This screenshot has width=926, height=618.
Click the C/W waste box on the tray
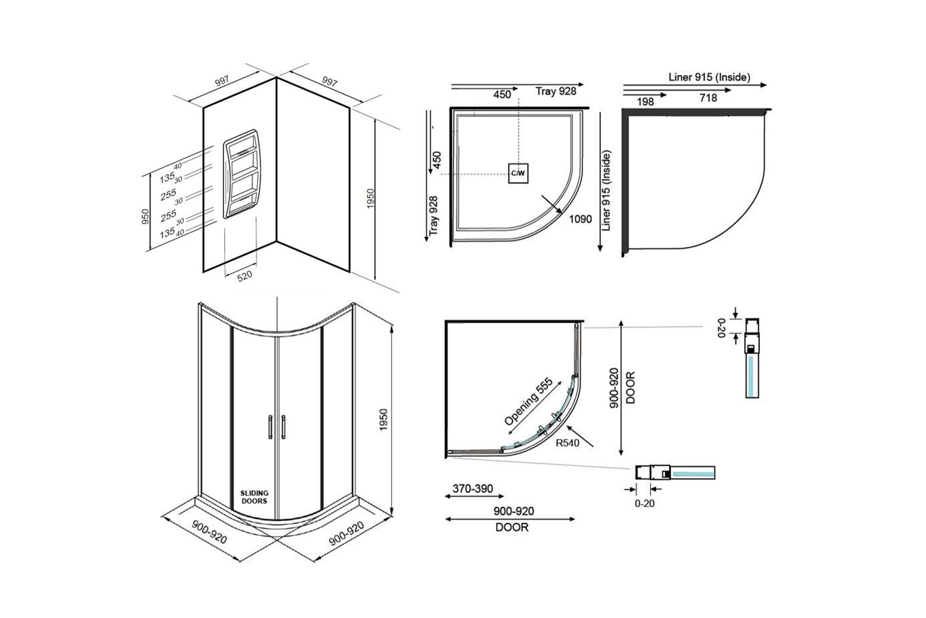tap(518, 173)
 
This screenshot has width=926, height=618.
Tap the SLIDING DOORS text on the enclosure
tap(254, 497)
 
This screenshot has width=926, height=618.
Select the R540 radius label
tap(567, 443)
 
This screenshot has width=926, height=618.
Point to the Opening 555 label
tap(528, 402)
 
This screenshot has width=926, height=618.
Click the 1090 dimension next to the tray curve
tap(580, 219)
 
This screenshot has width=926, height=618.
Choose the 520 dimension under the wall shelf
tap(244, 276)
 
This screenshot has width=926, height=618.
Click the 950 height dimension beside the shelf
tap(145, 217)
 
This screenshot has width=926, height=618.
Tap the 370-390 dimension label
tap(473, 489)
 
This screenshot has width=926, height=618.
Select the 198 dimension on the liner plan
tap(645, 102)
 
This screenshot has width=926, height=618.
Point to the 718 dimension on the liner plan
tap(708, 98)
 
